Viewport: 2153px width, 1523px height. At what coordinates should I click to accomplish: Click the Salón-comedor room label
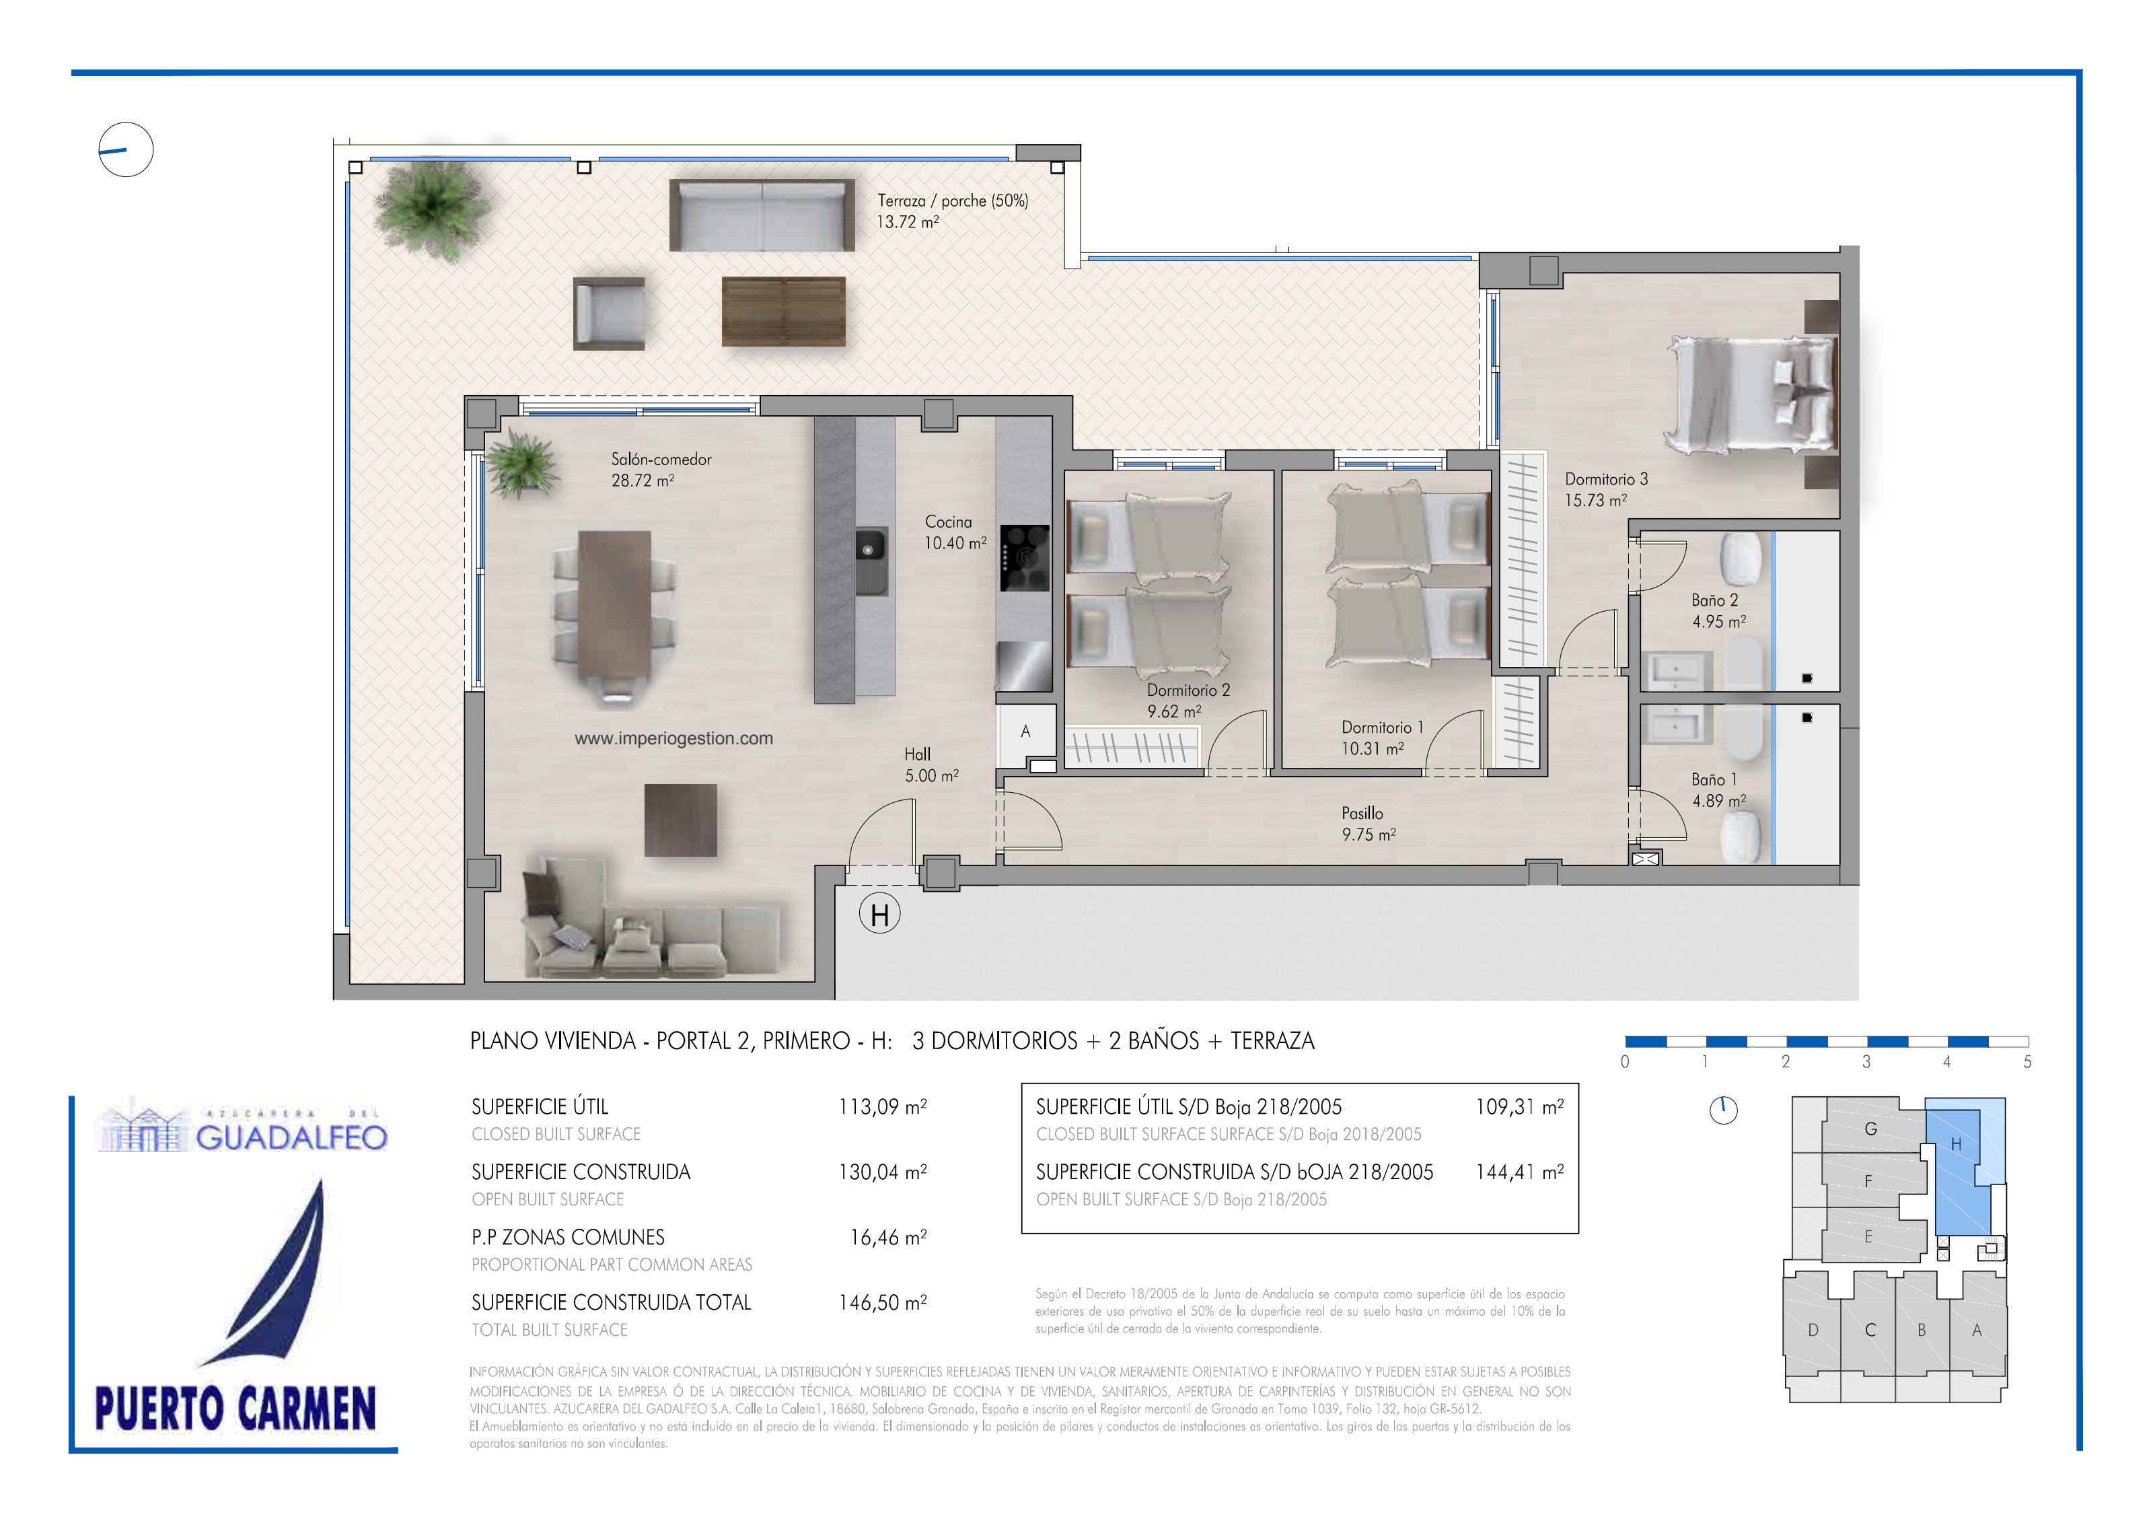(661, 460)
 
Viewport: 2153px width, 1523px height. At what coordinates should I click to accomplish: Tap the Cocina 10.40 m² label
(955, 532)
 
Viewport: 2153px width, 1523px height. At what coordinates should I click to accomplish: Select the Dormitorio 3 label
(1606, 479)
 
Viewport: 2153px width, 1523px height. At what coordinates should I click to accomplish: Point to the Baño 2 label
(1715, 600)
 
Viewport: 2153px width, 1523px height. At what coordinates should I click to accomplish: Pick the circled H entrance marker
(879, 915)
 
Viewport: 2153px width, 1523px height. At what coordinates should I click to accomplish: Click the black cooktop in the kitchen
(1024, 558)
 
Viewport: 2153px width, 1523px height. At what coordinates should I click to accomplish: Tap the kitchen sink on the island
(871, 561)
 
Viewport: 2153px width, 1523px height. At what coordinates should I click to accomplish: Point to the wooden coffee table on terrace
(783, 310)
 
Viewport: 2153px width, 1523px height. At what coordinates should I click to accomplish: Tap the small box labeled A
(1026, 732)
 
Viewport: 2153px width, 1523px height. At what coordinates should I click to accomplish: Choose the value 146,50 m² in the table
(882, 1303)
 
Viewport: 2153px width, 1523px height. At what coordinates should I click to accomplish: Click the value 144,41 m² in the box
(1520, 1172)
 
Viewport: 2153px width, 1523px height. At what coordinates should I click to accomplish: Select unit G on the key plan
(1870, 1129)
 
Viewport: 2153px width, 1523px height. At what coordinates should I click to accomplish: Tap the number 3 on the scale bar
(1866, 1061)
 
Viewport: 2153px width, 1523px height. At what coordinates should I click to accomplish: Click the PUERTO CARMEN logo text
(235, 1409)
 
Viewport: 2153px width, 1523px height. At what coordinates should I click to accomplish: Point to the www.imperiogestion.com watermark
(674, 738)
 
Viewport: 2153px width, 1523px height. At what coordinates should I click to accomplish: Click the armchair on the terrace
(610, 313)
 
